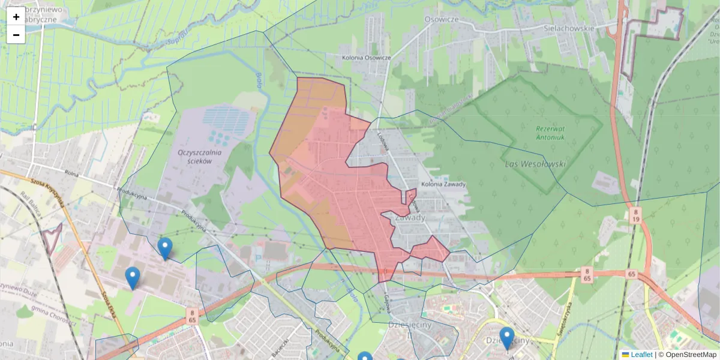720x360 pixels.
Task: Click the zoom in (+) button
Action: pyautogui.click(x=16, y=17)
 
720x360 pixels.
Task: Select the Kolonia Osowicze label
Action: pyautogui.click(x=366, y=58)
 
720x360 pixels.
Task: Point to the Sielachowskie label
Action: pyautogui.click(x=568, y=28)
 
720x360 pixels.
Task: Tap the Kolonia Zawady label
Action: pyautogui.click(x=443, y=184)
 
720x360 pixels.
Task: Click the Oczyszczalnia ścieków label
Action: pyautogui.click(x=200, y=156)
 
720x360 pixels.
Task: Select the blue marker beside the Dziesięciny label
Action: pyautogui.click(x=507, y=337)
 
